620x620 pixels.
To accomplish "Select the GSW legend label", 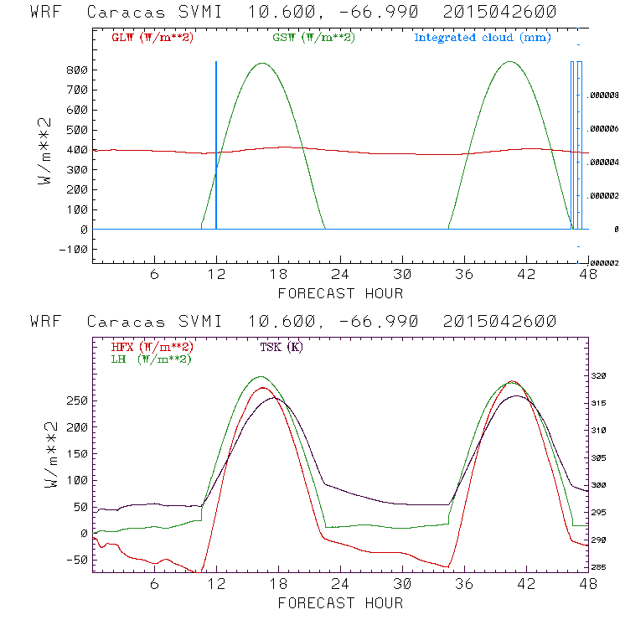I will point(313,38).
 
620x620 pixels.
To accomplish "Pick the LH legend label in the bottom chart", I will point(149,359).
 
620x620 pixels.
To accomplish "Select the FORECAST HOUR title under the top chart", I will point(340,293).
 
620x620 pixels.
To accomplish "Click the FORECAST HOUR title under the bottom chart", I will point(340,602).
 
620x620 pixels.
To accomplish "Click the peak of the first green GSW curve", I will point(262,64).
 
